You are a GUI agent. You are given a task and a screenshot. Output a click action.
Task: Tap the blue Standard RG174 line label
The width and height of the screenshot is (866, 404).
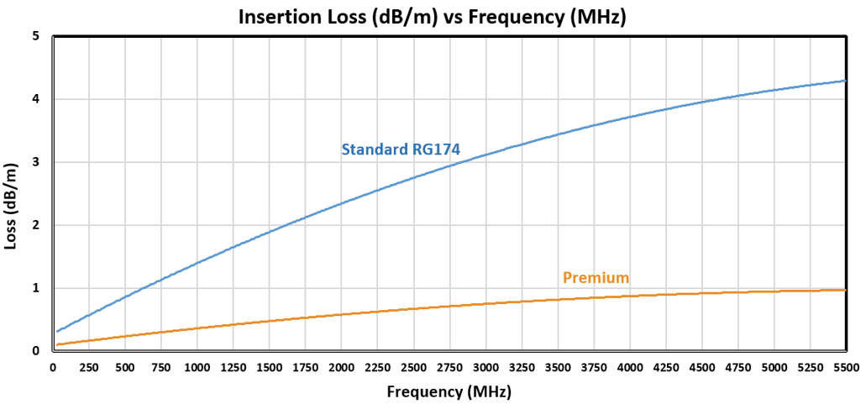point(401,150)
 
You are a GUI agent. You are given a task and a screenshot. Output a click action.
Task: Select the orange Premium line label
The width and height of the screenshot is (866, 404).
point(596,278)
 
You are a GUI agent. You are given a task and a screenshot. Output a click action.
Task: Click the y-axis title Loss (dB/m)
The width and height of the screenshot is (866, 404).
point(14,193)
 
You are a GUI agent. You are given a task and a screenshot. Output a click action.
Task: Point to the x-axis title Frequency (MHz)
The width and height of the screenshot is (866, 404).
point(449,391)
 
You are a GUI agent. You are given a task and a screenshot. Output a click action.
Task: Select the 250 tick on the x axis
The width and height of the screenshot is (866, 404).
point(88,368)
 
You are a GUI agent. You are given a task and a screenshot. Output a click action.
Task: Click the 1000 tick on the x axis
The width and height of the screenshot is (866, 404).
point(196,368)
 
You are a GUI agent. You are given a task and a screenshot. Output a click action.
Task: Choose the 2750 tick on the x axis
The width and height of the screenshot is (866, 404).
point(449,368)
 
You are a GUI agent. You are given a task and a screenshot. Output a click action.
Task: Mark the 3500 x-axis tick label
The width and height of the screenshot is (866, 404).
point(557,368)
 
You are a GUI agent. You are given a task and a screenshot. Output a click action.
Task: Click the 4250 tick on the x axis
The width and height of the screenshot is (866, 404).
point(665,368)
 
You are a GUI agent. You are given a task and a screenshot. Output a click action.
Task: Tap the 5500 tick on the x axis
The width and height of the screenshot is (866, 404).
point(845,368)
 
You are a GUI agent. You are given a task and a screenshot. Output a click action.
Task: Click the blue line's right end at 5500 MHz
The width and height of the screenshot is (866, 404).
point(845,81)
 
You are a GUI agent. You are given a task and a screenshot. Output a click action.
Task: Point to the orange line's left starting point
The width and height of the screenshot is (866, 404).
point(56,344)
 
